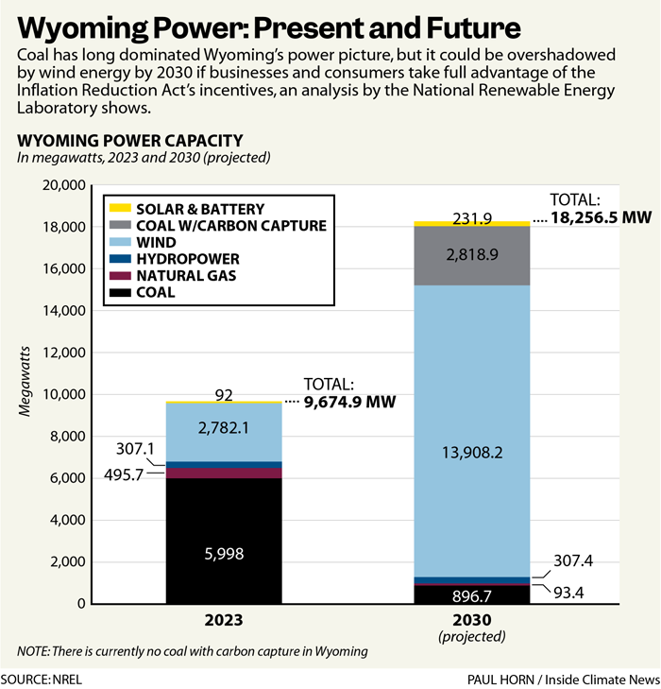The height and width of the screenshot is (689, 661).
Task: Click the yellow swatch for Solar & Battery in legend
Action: (x=120, y=208)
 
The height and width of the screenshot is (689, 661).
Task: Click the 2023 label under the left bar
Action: (x=224, y=622)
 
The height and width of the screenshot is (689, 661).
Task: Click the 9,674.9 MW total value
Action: (x=347, y=401)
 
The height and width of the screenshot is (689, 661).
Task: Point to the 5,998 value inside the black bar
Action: (x=224, y=556)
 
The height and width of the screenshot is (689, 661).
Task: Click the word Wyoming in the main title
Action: (x=89, y=23)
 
